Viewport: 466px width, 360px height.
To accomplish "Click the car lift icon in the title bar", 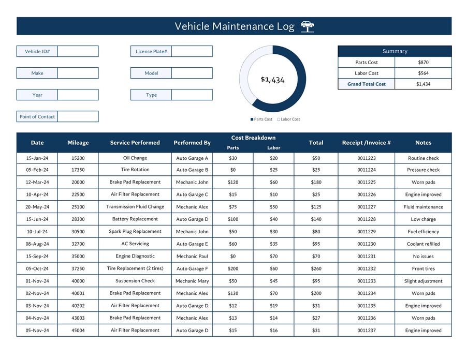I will pyautogui.click(x=307, y=26).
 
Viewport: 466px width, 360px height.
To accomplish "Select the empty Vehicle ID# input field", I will pyautogui.click(x=78, y=51).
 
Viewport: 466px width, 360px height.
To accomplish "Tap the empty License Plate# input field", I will pyautogui.click(x=192, y=51).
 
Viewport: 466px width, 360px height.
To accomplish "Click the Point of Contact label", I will pyautogui.click(x=37, y=117).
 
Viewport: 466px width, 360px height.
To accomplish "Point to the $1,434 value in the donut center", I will pyautogui.click(x=272, y=80).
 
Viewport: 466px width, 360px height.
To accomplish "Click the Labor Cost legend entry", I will pyautogui.click(x=288, y=119).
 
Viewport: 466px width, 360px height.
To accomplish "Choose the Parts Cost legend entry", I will pyautogui.click(x=261, y=119).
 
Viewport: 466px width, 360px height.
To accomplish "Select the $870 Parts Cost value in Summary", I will pyautogui.click(x=423, y=63).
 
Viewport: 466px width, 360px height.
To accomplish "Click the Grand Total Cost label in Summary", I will pyautogui.click(x=366, y=84).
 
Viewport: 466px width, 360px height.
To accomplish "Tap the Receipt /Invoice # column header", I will pyautogui.click(x=366, y=143).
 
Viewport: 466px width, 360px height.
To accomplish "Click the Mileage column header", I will pyautogui.click(x=78, y=143).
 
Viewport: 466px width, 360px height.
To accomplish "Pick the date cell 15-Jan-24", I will pyautogui.click(x=37, y=158).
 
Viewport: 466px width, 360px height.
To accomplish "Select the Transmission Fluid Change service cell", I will pyautogui.click(x=135, y=207).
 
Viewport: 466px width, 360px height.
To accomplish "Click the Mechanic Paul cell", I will pyautogui.click(x=192, y=257).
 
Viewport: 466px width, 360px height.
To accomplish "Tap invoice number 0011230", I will pyautogui.click(x=366, y=244).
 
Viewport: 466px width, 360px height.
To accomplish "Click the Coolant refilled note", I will pyautogui.click(x=423, y=244).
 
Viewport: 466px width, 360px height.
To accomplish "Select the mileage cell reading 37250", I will pyautogui.click(x=78, y=269).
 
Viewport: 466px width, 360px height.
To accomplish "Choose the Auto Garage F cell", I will pyautogui.click(x=192, y=269).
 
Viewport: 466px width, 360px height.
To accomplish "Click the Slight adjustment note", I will pyautogui.click(x=423, y=281).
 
